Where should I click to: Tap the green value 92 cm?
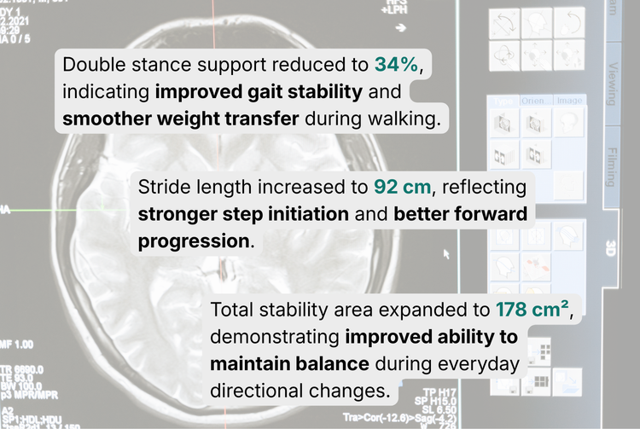(x=404, y=187)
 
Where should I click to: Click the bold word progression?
(x=194, y=241)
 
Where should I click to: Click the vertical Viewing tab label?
(x=611, y=83)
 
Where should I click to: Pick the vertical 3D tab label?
(x=611, y=248)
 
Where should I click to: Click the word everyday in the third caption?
(x=482, y=364)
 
